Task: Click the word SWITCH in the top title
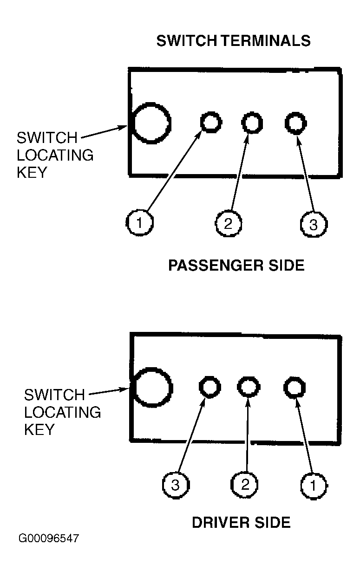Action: click(187, 41)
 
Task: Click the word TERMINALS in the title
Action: click(266, 41)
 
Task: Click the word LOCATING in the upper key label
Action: click(55, 155)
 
